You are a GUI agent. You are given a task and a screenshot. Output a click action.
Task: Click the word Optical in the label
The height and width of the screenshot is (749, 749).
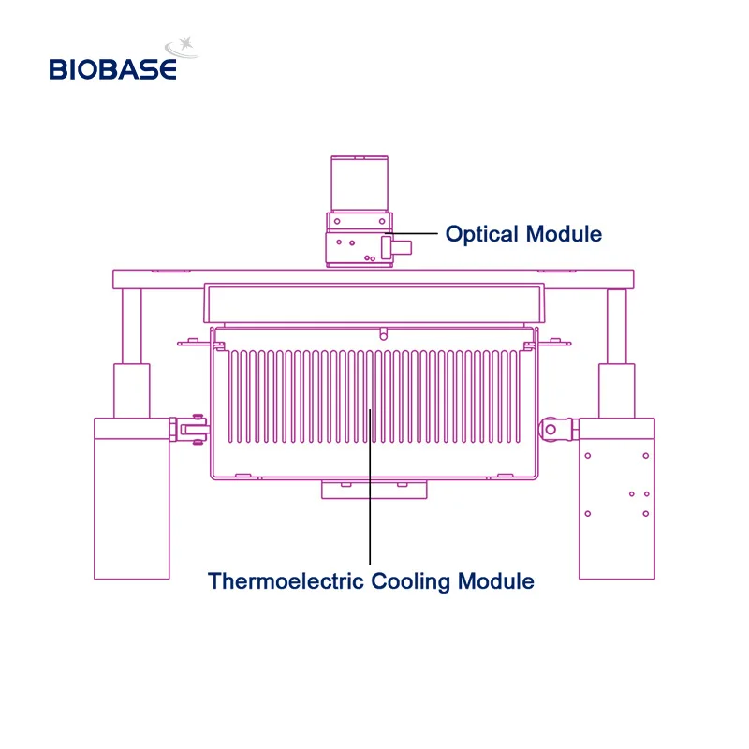[483, 234]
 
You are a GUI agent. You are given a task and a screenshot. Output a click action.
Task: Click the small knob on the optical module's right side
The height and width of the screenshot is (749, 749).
[402, 249]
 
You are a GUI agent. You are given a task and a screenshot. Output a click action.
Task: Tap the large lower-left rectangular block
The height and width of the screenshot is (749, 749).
[132, 496]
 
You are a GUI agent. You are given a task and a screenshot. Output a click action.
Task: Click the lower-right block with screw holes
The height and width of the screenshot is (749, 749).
[615, 496]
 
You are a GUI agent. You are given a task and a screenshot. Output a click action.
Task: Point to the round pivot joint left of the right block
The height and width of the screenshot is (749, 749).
[551, 430]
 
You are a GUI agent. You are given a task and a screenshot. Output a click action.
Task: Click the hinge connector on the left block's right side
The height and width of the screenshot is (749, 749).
[190, 429]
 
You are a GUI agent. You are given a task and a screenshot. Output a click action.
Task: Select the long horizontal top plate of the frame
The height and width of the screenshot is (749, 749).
[373, 278]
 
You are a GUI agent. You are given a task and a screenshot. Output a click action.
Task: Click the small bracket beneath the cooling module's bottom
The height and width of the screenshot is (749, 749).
[374, 489]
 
